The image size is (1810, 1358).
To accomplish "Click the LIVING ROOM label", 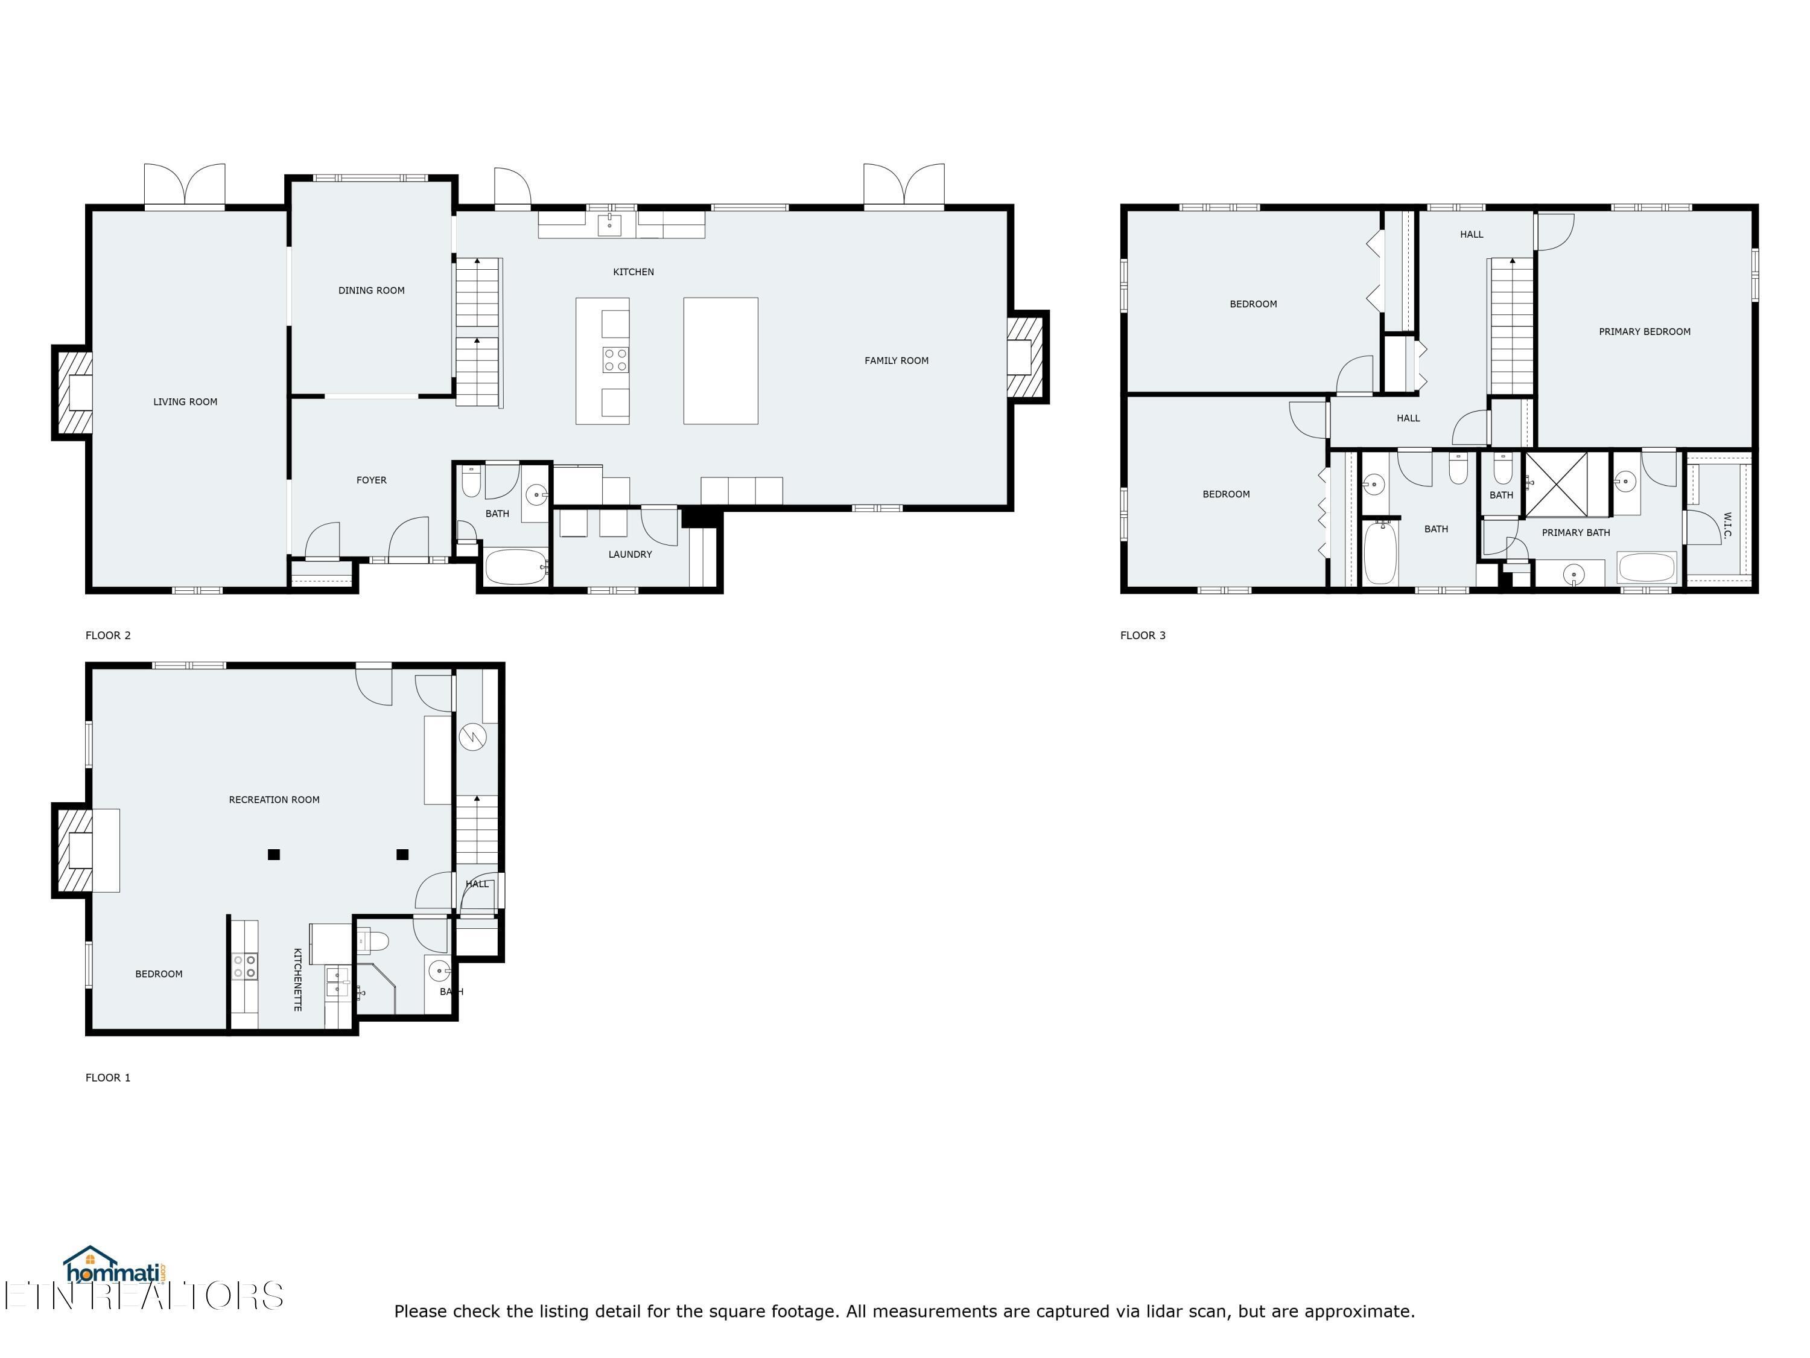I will tap(185, 402).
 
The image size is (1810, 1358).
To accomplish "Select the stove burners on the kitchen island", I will tap(615, 360).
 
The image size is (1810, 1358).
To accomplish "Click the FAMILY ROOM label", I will tap(896, 361).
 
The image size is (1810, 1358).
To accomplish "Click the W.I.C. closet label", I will tap(1727, 526).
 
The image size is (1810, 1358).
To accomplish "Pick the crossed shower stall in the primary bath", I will tap(1555, 484).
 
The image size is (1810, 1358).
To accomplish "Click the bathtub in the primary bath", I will tap(1646, 567).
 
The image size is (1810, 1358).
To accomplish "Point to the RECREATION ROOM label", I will tap(273, 800).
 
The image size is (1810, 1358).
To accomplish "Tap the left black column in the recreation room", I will tap(274, 855).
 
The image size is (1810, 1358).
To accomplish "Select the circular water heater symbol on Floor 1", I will tap(473, 737).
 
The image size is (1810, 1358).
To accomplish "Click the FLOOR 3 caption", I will tap(1142, 635).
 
